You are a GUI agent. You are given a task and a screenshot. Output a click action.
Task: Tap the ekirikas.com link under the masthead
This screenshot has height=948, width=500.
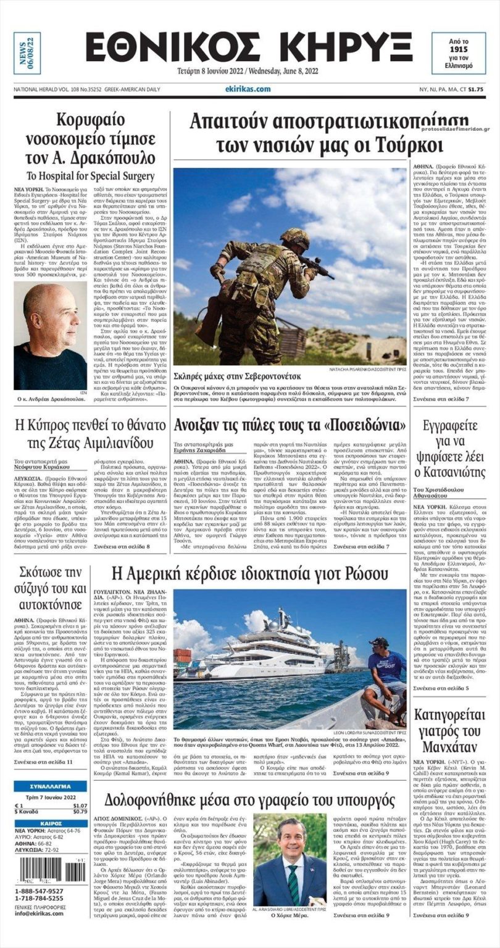pos(248,89)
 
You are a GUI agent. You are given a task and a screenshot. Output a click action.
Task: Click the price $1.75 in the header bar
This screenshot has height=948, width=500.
pos(475,90)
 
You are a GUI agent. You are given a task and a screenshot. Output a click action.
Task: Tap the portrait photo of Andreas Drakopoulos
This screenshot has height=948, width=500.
pos(50,336)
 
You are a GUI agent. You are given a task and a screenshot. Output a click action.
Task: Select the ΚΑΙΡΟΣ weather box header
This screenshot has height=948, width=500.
pos(51,823)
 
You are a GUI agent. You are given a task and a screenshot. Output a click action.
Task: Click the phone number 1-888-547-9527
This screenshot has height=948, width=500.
pos(38,891)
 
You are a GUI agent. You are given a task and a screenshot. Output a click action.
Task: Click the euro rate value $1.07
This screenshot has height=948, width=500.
pos(80,805)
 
